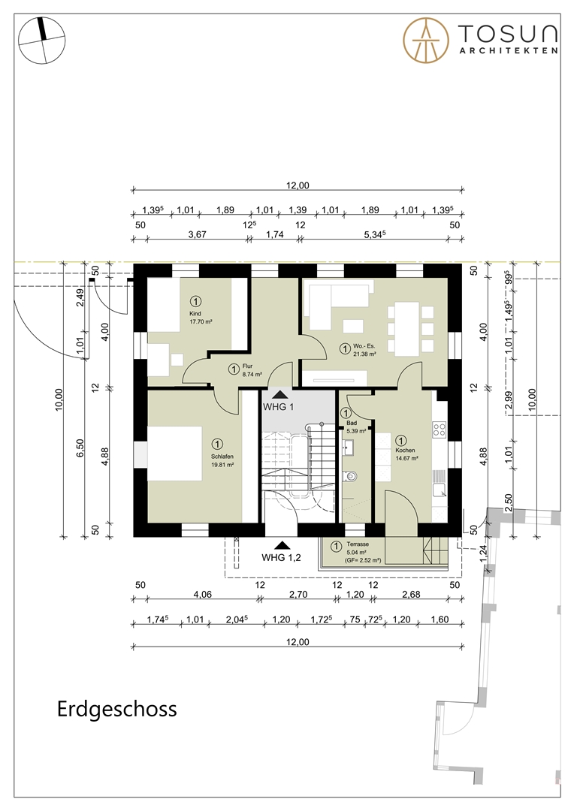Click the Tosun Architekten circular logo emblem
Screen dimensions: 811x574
click(426, 39)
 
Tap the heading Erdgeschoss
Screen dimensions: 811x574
click(116, 709)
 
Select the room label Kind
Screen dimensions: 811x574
click(196, 313)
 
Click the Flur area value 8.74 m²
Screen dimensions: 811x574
click(246, 374)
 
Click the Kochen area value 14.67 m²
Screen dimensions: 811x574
click(406, 457)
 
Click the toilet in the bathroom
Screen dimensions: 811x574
click(352, 476)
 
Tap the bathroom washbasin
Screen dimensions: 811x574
click(350, 448)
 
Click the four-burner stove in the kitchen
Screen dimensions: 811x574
click(440, 430)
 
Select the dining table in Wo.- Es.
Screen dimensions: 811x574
click(408, 327)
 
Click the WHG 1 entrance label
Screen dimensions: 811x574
click(279, 406)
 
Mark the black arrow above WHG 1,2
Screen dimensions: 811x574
click(281, 545)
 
